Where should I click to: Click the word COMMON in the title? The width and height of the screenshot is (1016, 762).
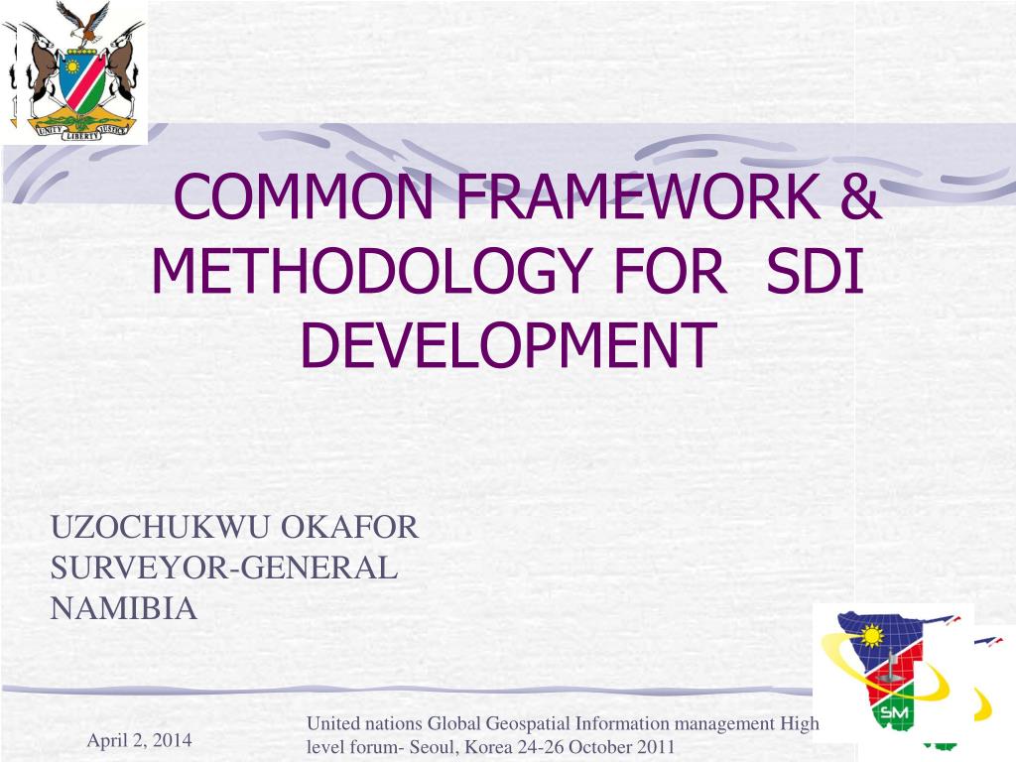[304, 196]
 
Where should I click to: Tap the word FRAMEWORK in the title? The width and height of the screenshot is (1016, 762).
[638, 196]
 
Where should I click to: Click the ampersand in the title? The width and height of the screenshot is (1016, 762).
[860, 196]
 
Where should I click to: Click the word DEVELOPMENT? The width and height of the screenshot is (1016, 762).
[508, 344]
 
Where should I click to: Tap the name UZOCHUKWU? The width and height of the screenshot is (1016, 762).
[160, 528]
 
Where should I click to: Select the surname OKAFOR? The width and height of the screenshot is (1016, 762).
[349, 528]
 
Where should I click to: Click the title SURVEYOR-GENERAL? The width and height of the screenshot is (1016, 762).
[223, 568]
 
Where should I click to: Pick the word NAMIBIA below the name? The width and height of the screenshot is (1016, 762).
[123, 608]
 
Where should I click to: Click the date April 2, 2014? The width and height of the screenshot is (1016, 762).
[139, 740]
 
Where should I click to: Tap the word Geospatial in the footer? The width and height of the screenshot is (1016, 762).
[528, 723]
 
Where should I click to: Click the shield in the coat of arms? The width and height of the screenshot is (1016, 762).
[81, 81]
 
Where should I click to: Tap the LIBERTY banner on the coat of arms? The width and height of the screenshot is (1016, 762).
[80, 134]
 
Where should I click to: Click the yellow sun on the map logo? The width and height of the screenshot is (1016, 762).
[872, 636]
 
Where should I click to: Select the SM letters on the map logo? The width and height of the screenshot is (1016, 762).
[894, 712]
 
